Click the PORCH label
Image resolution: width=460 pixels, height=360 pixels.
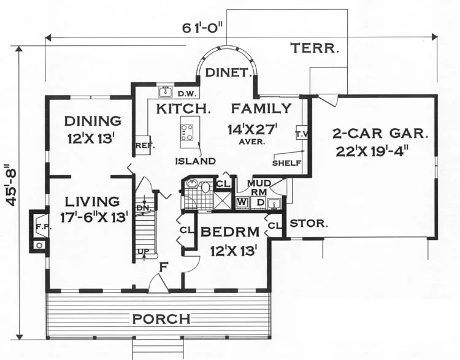click(x=161, y=319)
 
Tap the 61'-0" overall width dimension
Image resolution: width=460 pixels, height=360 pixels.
click(x=203, y=28)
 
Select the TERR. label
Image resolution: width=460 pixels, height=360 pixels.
click(x=315, y=48)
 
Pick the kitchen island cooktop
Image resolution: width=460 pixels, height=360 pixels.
click(x=188, y=132)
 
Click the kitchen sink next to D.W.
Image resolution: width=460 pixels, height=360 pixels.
click(x=166, y=92)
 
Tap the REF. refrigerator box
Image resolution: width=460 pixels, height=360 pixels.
click(x=143, y=144)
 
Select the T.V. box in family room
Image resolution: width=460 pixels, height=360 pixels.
click(x=301, y=134)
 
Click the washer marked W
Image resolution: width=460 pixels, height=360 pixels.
click(x=242, y=202)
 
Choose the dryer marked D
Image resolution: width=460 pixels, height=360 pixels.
click(x=260, y=202)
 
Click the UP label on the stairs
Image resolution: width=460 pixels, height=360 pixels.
click(x=144, y=251)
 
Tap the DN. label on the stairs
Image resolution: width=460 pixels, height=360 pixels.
click(x=144, y=208)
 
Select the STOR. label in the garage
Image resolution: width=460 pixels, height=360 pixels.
click(x=309, y=224)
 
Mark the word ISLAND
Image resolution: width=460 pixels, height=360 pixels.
click(x=196, y=161)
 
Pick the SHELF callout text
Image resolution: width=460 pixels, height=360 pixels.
click(x=286, y=163)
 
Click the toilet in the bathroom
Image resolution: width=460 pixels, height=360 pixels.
click(x=205, y=187)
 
